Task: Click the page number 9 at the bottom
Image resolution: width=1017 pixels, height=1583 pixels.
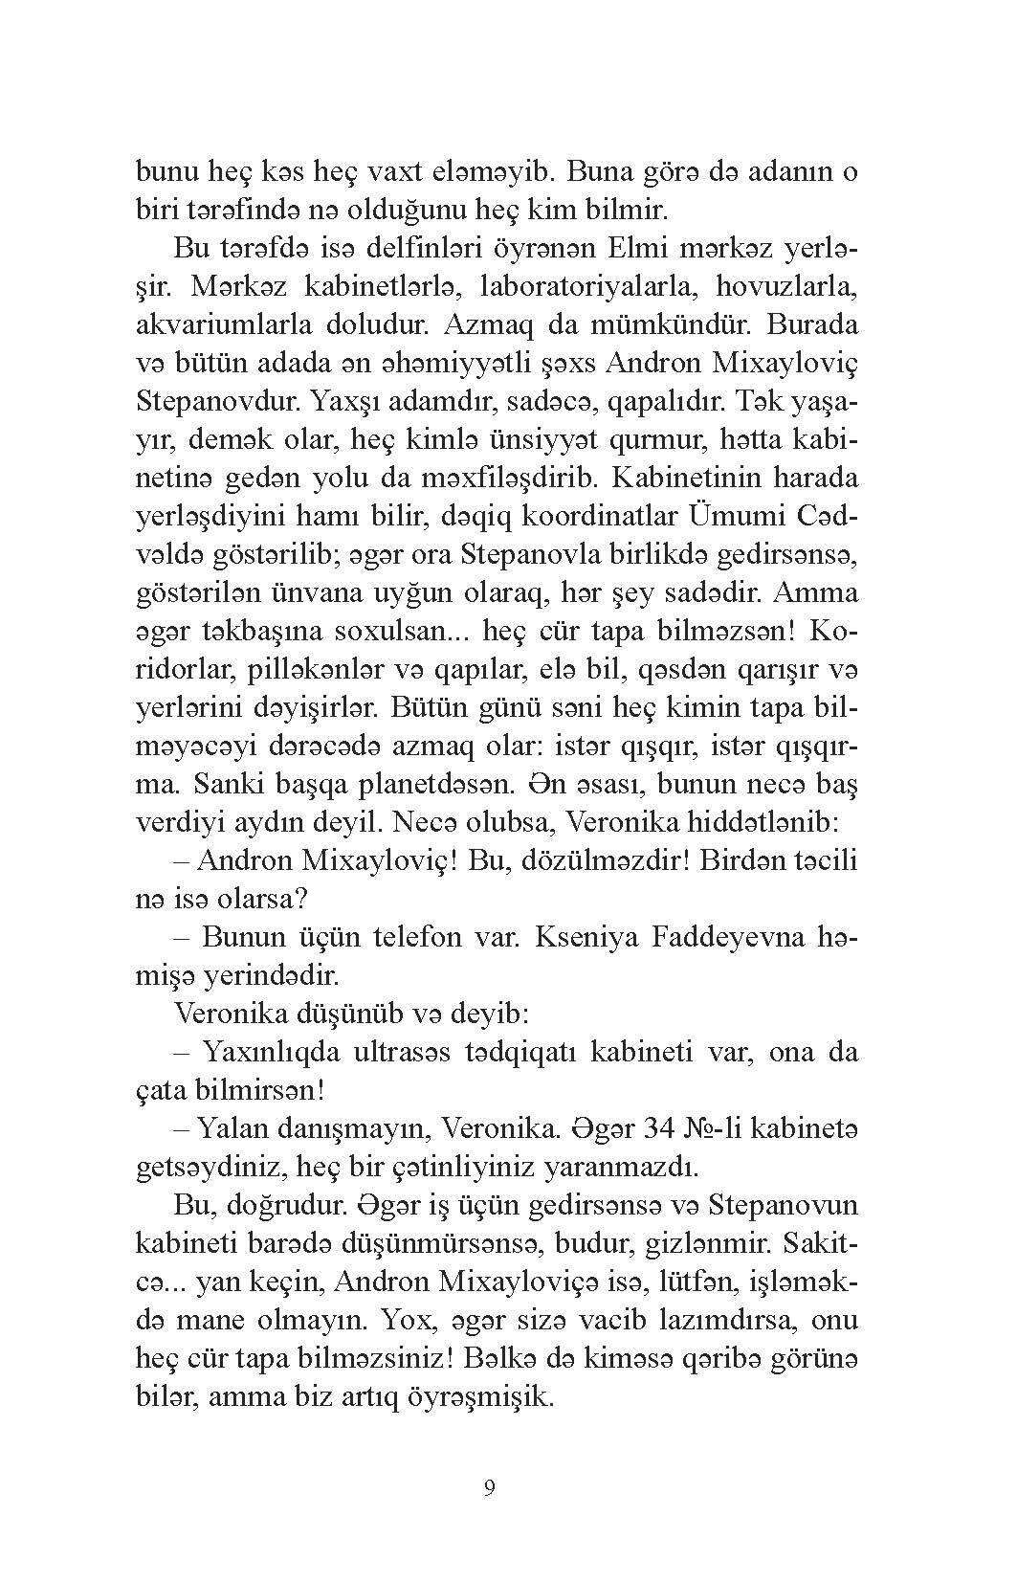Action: pos(489,1488)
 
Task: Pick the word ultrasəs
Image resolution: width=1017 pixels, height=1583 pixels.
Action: pos(377,1052)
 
